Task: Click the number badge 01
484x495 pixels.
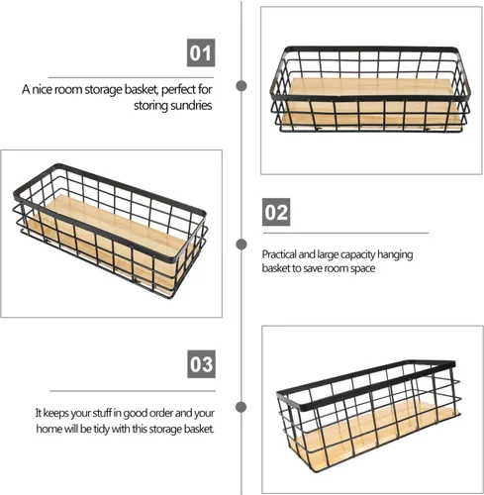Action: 201,52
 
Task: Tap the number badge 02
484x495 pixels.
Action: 276,212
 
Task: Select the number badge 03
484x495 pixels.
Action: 202,364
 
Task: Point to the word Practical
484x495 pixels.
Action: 279,254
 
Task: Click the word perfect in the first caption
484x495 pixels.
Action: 178,89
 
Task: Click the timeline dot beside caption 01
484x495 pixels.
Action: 242,86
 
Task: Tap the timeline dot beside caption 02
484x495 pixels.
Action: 242,245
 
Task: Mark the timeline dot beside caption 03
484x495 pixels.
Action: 242,407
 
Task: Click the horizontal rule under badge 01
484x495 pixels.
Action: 131,77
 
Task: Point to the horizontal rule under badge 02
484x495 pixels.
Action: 345,233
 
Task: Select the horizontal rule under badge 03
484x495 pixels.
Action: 133,391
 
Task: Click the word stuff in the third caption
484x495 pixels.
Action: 102,413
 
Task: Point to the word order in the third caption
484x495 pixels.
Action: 161,413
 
